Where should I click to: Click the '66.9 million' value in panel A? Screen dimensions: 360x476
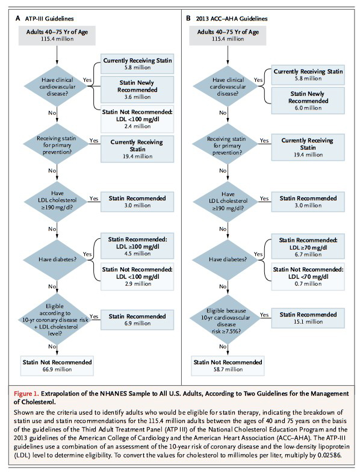point(57,369)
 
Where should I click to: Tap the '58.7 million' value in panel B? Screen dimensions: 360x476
point(228,369)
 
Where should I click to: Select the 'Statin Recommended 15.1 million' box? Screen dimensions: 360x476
point(308,318)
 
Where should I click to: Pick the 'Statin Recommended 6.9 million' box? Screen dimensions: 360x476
point(137,320)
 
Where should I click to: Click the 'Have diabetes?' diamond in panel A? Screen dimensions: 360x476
point(57,259)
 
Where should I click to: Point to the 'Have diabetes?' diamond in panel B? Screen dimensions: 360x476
point(228,259)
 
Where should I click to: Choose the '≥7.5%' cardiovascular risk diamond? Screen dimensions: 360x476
point(228,320)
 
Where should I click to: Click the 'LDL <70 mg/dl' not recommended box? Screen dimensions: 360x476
point(308,277)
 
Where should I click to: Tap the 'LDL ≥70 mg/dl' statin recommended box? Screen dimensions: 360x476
point(308,247)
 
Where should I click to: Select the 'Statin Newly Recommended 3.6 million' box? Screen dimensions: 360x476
point(137,90)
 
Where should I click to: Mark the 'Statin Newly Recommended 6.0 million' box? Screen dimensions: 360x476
point(308,100)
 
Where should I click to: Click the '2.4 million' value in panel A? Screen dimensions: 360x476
point(137,126)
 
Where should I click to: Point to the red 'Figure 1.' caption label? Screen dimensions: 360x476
point(26,394)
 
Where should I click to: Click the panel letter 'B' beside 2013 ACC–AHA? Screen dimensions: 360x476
point(188,18)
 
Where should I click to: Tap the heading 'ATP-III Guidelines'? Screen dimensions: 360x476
point(49,19)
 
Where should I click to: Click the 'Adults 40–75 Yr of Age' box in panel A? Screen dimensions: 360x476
point(57,36)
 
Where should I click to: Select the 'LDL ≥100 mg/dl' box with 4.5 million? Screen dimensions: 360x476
point(137,246)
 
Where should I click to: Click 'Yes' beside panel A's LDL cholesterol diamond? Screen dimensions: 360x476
point(94,198)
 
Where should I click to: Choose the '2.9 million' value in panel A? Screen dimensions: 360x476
point(137,284)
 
